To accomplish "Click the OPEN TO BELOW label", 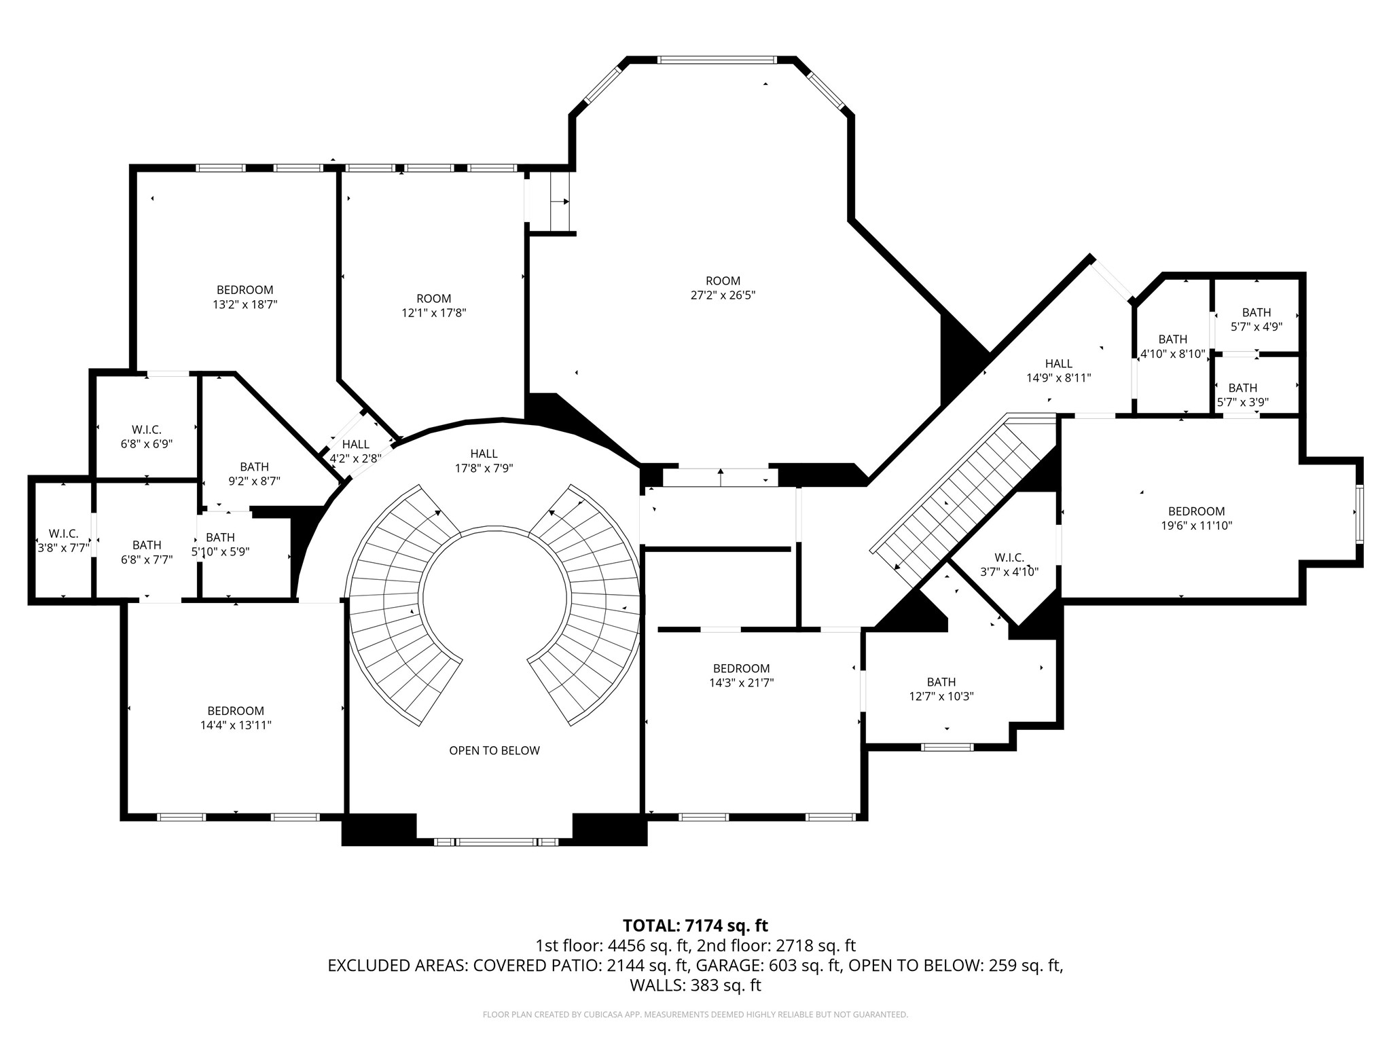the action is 494,750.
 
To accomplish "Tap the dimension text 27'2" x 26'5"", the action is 723,295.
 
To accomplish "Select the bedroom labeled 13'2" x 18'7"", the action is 245,297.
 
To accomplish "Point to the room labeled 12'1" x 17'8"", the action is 433,306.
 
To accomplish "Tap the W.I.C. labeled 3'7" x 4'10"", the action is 1009,564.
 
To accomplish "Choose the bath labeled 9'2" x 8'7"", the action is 255,474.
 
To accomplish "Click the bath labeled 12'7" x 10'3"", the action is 941,689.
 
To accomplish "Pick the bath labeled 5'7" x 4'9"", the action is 1257,319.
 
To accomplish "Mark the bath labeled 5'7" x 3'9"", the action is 1243,395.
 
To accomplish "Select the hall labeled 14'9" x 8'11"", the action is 1059,371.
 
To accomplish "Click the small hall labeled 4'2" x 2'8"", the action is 356,452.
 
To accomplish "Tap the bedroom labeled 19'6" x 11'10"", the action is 1197,518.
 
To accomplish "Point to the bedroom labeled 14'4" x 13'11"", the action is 236,718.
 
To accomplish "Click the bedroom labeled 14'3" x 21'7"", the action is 742,676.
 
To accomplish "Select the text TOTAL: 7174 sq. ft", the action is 695,926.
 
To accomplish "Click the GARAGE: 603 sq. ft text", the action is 772,966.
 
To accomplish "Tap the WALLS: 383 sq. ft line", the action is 695,985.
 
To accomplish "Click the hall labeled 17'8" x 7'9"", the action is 484,460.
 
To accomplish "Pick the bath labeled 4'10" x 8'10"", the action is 1173,346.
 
